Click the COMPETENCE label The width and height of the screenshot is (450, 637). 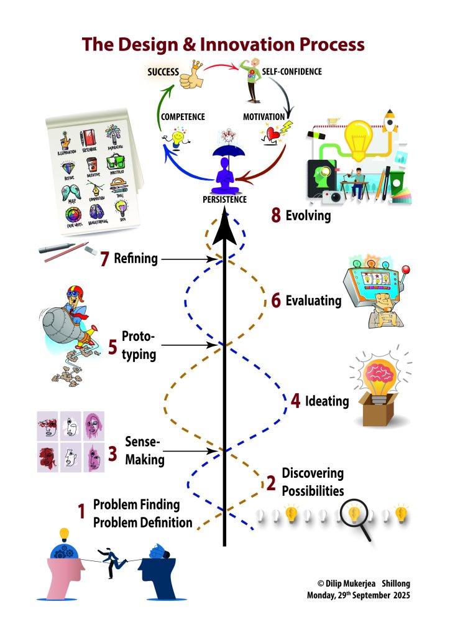(183, 116)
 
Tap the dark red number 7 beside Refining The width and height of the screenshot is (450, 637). (105, 259)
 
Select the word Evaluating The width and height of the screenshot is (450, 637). (313, 301)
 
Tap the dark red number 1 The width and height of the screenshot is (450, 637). (81, 512)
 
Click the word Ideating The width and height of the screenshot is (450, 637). (328, 401)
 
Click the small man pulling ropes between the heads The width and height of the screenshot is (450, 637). (112, 558)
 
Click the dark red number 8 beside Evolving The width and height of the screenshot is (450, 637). (276, 215)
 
